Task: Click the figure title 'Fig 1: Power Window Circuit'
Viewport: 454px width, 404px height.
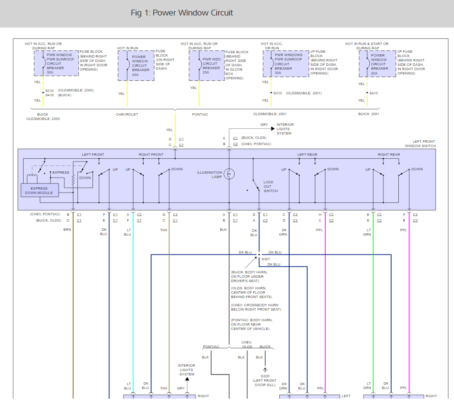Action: (182, 13)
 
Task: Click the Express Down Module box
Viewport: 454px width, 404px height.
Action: (40, 191)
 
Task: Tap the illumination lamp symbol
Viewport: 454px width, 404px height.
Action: (229, 174)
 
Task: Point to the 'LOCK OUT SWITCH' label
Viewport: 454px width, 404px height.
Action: (271, 187)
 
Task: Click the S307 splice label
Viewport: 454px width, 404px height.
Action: (266, 259)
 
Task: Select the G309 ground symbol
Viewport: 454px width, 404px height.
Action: (265, 370)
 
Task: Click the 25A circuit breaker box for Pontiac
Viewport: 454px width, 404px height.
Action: (207, 66)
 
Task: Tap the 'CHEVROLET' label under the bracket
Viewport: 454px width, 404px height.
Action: (127, 115)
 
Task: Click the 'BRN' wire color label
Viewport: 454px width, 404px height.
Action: (67, 230)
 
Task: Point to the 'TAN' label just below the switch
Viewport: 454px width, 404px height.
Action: (164, 230)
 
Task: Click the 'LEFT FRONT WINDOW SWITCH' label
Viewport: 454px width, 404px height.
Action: (421, 144)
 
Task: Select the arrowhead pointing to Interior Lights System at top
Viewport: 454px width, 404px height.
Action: (273, 129)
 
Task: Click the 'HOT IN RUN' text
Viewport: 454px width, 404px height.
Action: (128, 48)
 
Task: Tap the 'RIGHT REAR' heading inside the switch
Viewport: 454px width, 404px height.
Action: (389, 154)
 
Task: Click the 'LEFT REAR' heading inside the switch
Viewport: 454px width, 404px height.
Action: (307, 154)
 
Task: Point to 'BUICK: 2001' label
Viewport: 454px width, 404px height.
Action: (369, 114)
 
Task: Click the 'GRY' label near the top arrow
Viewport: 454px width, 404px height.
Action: (264, 125)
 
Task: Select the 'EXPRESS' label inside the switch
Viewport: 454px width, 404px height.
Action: (61, 172)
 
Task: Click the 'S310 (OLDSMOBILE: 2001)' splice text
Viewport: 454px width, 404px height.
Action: (298, 93)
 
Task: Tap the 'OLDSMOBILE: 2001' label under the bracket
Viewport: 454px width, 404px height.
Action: (270, 114)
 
